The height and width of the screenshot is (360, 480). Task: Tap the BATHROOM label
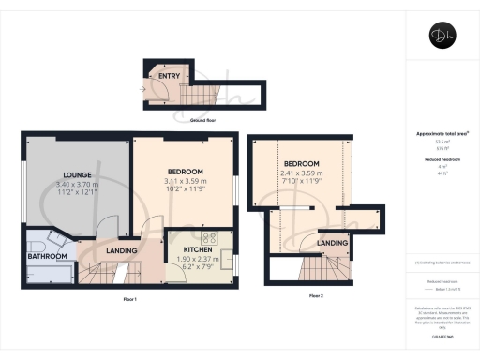coord(46,256)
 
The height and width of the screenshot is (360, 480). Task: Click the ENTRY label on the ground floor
coord(170,75)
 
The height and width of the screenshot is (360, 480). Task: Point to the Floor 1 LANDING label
coord(122,250)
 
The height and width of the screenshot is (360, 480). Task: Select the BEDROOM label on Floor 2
coord(302,163)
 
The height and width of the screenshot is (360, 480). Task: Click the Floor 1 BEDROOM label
coord(184,171)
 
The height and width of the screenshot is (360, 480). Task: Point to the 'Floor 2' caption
coord(316,295)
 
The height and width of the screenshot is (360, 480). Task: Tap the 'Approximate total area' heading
coord(440,133)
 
